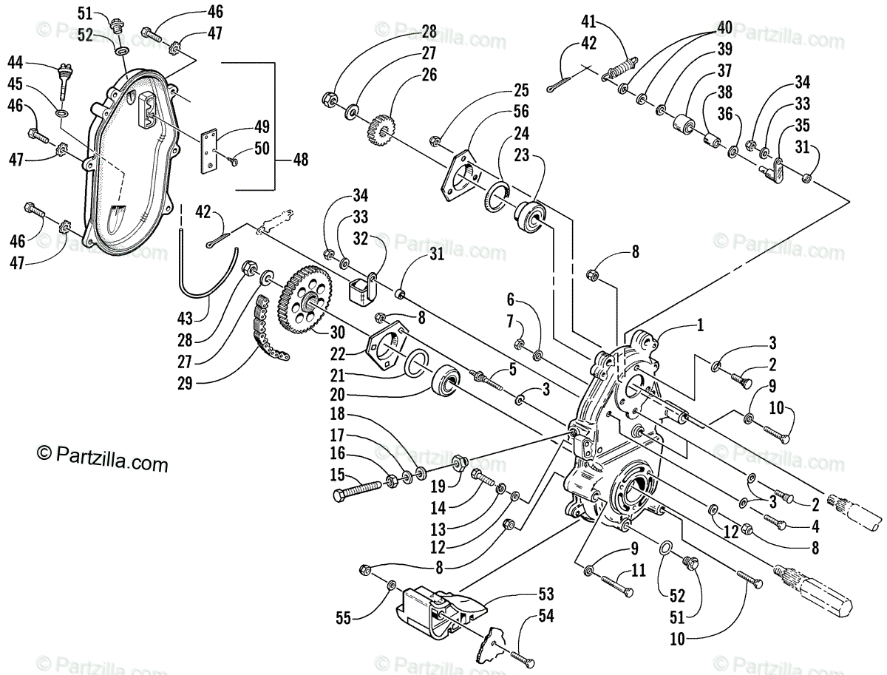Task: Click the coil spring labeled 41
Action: click(619, 70)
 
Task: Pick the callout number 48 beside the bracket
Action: click(300, 159)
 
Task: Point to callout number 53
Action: click(546, 594)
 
